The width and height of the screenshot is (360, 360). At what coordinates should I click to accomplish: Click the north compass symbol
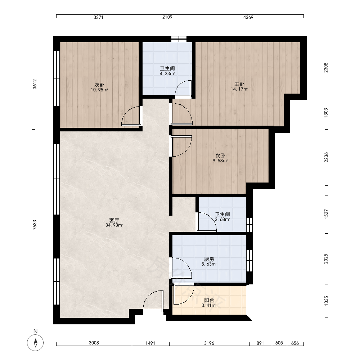[x=35, y=343]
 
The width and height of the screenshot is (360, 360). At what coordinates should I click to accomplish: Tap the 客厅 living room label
[x=114, y=220]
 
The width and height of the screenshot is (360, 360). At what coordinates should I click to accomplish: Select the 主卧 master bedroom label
[x=239, y=84]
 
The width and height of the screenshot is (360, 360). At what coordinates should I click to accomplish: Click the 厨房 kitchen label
[x=209, y=259]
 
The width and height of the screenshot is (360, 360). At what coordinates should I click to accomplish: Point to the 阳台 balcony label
[x=209, y=300]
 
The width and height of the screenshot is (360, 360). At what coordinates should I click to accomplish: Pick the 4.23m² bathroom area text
[x=167, y=74]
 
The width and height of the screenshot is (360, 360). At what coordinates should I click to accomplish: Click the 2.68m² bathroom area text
[x=222, y=219]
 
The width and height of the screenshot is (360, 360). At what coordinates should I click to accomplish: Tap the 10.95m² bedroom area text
[x=99, y=90]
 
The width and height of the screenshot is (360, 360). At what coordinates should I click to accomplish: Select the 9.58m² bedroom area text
[x=220, y=161]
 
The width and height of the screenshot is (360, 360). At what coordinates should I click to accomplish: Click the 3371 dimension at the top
[x=98, y=17]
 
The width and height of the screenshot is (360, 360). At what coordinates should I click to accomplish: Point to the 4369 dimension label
[x=248, y=17]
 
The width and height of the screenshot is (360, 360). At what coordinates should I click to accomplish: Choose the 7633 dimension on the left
[x=35, y=225]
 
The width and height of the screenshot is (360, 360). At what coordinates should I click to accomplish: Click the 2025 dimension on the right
[x=326, y=259]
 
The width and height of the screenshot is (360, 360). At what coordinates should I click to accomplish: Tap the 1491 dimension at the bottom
[x=150, y=343]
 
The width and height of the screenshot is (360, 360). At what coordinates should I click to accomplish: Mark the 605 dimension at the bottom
[x=279, y=343]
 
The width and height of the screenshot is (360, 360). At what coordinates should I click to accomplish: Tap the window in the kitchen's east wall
[x=249, y=260]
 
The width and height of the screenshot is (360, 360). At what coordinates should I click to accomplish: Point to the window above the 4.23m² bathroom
[x=179, y=39]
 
